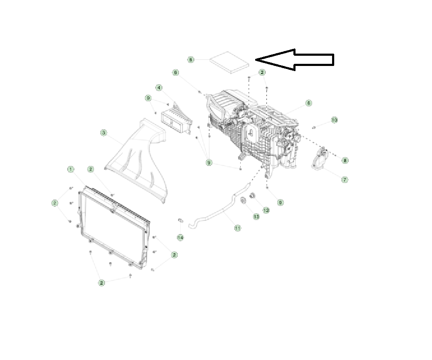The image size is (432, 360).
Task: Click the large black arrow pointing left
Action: pos(298,60)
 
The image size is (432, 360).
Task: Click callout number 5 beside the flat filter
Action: pos(191,60)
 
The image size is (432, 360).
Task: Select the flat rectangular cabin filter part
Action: pos(230,63)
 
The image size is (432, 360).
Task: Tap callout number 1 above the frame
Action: pos(70,169)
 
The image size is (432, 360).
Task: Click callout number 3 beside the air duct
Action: pos(103,133)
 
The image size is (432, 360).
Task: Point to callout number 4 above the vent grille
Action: pos(159,88)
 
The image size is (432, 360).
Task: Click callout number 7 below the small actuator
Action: pos(345,180)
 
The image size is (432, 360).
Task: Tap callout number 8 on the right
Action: pos(345,160)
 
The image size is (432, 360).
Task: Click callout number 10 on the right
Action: pos(334,120)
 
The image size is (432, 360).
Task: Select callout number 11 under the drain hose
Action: pos(238,228)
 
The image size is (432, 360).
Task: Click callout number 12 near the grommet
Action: pos(266,210)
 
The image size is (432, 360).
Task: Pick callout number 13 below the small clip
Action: pos(256,217)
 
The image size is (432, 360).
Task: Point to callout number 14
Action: pos(180,237)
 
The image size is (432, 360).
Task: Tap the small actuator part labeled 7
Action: pos(320,160)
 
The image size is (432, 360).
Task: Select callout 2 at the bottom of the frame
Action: pos(102,283)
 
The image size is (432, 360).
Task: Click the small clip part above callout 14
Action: pos(180,220)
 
